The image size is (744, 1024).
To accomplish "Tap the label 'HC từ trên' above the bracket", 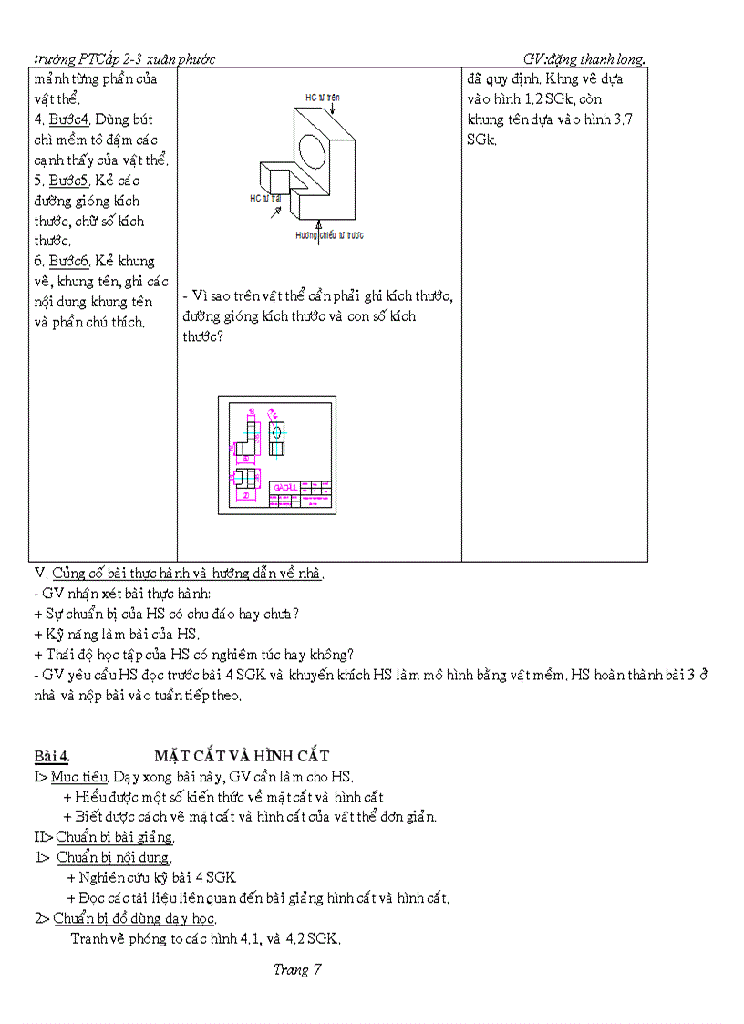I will pyautogui.click(x=324, y=96).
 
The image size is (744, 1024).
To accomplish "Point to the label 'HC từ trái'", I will pyautogui.click(x=264, y=197).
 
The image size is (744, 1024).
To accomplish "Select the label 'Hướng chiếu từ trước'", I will pyautogui.click(x=329, y=235).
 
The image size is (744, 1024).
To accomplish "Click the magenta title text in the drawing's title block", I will pyautogui.click(x=283, y=487).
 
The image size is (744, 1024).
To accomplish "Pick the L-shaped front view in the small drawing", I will pyautogui.click(x=247, y=435).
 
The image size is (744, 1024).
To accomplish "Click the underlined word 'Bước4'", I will pyautogui.click(x=68, y=119).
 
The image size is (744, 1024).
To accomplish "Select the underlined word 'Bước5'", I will pyautogui.click(x=68, y=181).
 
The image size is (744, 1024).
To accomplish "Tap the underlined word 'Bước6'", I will pyautogui.click(x=68, y=262).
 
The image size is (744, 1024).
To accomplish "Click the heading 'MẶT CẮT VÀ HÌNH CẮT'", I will pyautogui.click(x=242, y=756).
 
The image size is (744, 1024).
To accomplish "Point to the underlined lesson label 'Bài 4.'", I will pyautogui.click(x=52, y=756).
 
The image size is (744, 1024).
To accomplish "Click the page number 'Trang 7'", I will pyautogui.click(x=297, y=970).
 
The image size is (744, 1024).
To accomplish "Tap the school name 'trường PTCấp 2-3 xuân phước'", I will pyautogui.click(x=124, y=59).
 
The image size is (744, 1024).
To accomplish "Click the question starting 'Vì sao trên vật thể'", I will pyautogui.click(x=318, y=297).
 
